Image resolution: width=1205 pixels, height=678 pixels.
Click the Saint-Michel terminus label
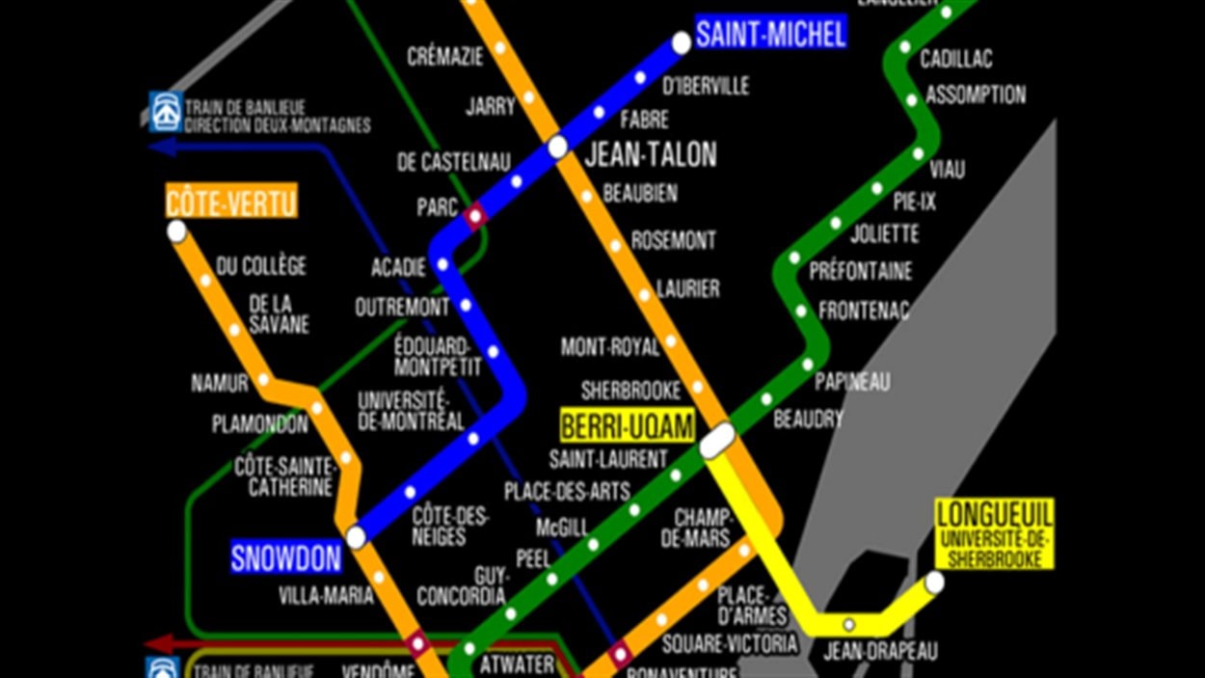tap(770, 35)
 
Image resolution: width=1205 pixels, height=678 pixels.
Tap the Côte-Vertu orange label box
tap(230, 203)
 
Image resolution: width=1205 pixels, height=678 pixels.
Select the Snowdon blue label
tap(285, 558)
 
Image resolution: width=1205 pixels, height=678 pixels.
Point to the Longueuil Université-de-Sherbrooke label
tap(994, 533)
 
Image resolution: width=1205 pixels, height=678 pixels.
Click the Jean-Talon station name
tap(651, 154)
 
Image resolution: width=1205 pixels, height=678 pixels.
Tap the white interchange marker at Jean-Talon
tap(557, 147)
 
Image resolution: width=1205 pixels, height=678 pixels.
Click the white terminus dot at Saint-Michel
tap(682, 42)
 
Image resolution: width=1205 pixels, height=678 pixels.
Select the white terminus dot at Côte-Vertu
tap(176, 231)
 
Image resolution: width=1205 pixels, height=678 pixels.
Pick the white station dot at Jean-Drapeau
tap(849, 624)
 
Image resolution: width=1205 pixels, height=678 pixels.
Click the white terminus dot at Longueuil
tap(934, 583)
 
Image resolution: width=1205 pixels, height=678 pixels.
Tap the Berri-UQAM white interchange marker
tap(717, 442)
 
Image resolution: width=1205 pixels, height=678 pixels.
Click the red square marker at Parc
tap(474, 216)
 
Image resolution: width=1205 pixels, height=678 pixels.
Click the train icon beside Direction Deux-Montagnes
tap(165, 111)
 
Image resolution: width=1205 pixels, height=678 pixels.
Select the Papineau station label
tap(852, 382)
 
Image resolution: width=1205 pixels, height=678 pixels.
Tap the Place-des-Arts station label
tap(567, 492)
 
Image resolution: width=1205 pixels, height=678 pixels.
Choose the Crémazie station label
tap(444, 57)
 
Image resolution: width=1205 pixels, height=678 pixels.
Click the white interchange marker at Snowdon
tap(356, 537)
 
